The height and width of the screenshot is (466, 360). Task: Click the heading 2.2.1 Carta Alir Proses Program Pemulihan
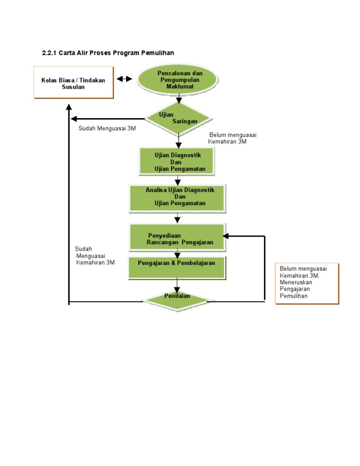click(108, 53)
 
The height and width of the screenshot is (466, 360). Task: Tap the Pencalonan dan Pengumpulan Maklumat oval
click(178, 80)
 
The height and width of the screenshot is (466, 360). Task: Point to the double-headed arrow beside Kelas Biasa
click(125, 79)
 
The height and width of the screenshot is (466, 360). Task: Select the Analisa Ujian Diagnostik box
click(178, 197)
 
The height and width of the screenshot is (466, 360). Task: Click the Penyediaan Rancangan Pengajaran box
click(178, 237)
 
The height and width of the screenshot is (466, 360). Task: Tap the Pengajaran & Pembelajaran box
click(177, 267)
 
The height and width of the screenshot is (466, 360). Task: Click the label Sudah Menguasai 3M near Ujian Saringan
click(107, 128)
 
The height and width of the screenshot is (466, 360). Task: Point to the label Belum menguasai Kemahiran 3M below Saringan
click(232, 138)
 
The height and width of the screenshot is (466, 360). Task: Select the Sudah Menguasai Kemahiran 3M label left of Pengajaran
click(95, 256)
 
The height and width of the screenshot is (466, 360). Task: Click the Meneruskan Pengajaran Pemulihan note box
click(307, 284)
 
